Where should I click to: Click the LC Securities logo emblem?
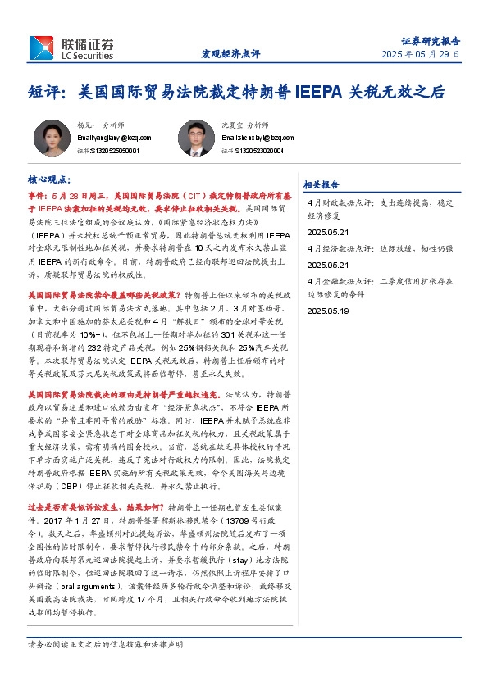tap(41, 48)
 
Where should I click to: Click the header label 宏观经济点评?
tap(230, 54)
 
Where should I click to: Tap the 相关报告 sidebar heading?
tap(322, 184)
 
